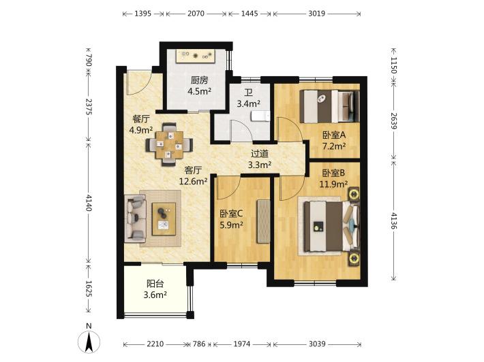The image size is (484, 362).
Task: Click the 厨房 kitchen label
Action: (x=199, y=80)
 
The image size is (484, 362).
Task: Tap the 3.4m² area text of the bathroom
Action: (x=248, y=103)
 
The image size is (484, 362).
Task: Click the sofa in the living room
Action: (x=135, y=218)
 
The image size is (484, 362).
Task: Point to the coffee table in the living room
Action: (x=164, y=219)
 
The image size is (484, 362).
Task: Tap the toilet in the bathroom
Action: (x=261, y=116)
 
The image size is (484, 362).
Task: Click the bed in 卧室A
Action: (x=330, y=106)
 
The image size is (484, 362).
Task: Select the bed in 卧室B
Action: (x=331, y=226)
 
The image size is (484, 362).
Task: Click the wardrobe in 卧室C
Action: (x=264, y=221)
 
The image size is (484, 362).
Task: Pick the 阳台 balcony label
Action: (x=155, y=284)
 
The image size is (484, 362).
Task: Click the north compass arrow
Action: (x=89, y=342)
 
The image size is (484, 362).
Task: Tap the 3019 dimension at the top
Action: (x=317, y=14)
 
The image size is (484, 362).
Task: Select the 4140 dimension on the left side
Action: (x=89, y=203)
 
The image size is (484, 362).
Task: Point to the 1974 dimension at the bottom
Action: (x=241, y=344)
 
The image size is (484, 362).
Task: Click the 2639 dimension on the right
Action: (x=394, y=121)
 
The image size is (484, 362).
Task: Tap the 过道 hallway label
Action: (x=260, y=154)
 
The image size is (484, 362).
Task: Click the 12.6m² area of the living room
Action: (x=193, y=181)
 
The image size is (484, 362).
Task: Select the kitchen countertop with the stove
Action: (x=196, y=56)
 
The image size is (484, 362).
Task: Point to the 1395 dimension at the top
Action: (x=143, y=14)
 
